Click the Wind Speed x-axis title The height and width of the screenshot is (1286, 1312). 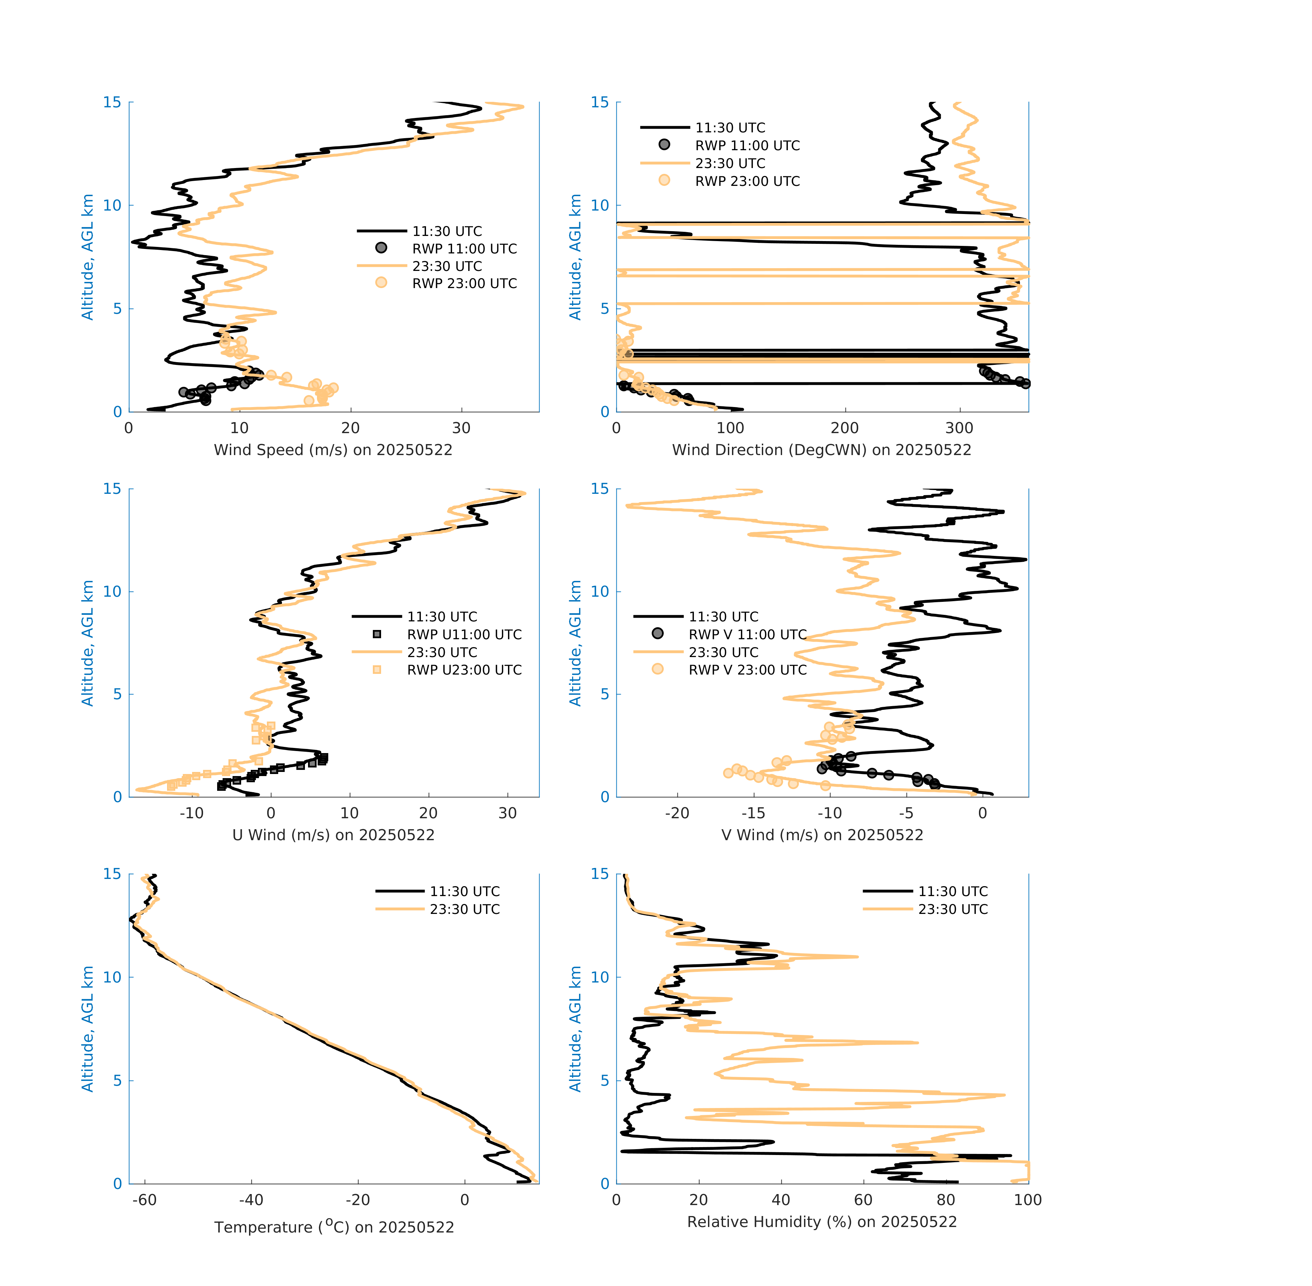pos(333,450)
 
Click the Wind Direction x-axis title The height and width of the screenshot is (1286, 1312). pos(822,450)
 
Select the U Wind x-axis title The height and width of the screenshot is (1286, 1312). pos(333,835)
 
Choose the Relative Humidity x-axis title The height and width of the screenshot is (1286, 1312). pos(822,1222)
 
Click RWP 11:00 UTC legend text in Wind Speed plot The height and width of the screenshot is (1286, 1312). pos(465,249)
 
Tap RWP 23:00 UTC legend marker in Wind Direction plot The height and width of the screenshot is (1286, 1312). pos(664,180)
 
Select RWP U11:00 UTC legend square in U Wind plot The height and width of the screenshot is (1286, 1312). pos(377,634)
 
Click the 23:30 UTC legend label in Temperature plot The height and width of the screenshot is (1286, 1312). pos(465,909)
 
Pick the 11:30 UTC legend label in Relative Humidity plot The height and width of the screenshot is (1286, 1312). pos(953,892)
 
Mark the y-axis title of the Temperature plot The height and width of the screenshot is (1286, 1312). pos(87,1029)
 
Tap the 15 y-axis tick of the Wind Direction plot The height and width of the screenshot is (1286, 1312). pos(600,103)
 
